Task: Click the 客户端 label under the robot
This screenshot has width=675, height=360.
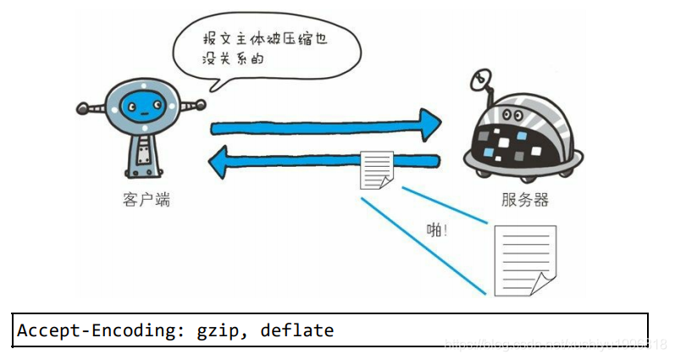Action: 145,200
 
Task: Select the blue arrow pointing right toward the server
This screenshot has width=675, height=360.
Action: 326,126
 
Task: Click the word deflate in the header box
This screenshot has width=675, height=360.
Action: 299,330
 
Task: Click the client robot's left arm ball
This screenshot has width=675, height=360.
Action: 82,108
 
